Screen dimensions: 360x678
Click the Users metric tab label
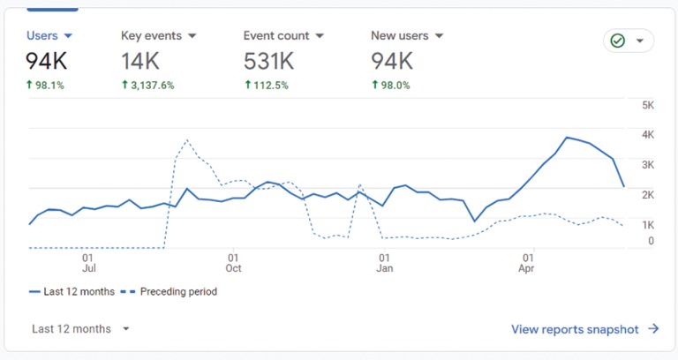point(42,36)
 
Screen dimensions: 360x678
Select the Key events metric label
point(151,36)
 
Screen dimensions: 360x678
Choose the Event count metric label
point(276,36)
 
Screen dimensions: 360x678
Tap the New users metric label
point(400,36)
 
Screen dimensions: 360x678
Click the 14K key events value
point(140,61)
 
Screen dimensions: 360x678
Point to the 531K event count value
point(268,61)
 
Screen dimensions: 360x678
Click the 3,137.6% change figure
point(153,86)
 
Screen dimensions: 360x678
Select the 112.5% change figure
point(269,86)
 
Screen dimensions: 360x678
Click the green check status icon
point(618,41)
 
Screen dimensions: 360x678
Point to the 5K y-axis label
point(647,105)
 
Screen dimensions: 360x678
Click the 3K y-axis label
point(647,165)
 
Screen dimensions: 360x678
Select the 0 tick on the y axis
point(651,240)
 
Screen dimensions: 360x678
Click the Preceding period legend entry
point(172,291)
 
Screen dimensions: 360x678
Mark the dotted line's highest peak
point(186,139)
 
